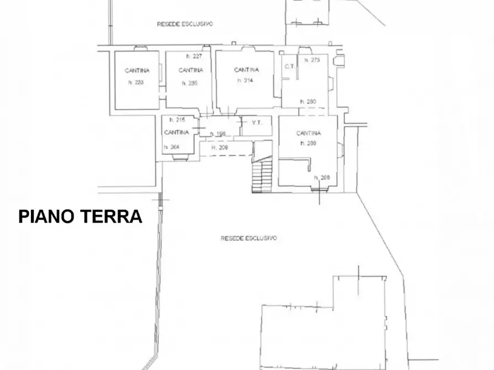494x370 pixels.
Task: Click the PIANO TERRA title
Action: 80,216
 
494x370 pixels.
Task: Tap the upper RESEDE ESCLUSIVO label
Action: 185,24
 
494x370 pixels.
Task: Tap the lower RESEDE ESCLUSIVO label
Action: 249,238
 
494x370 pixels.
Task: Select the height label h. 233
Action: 136,83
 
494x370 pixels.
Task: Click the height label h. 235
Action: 189,83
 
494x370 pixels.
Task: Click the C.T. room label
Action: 288,67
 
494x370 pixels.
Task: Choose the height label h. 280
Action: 308,102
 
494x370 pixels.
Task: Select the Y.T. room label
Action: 257,123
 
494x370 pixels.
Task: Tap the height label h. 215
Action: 176,120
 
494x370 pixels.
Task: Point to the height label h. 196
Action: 219,134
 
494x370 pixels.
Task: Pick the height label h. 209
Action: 220,147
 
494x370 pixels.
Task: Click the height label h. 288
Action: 308,143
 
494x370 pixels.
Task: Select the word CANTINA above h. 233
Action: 136,71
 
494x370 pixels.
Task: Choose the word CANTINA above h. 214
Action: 246,70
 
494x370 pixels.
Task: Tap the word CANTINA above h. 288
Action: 308,133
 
